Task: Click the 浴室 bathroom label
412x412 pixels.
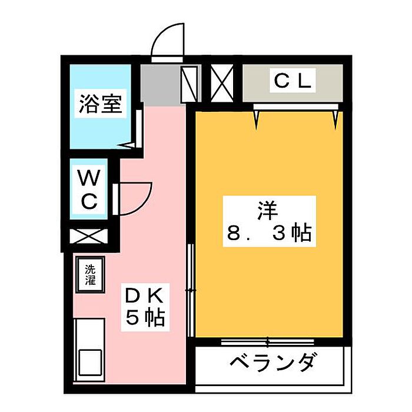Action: [100, 105]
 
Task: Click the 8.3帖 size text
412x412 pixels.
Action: [268, 235]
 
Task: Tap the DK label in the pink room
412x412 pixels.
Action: [145, 294]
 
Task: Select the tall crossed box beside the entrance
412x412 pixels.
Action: [190, 84]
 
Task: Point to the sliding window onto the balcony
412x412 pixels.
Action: [268, 341]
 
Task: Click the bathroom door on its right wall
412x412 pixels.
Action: [135, 127]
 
